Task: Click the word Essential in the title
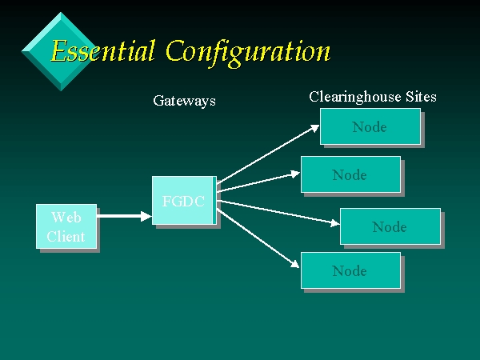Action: (102, 50)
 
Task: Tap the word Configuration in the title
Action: (248, 53)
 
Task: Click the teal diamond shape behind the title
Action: (61, 51)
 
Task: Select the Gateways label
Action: (184, 101)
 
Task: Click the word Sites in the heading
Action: (421, 97)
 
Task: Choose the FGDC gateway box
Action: (184, 201)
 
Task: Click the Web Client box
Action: (66, 226)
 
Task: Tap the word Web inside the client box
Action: (66, 217)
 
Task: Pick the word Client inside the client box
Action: (66, 236)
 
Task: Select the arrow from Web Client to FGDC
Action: (124, 216)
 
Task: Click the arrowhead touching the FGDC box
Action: (146, 216)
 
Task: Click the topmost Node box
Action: (370, 126)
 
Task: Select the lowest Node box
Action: (351, 270)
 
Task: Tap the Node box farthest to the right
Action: (390, 226)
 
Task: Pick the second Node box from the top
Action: (351, 174)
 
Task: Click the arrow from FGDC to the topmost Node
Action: (268, 154)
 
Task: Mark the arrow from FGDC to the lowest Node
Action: (258, 238)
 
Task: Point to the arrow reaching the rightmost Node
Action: (278, 213)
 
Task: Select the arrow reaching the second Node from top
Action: (258, 182)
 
